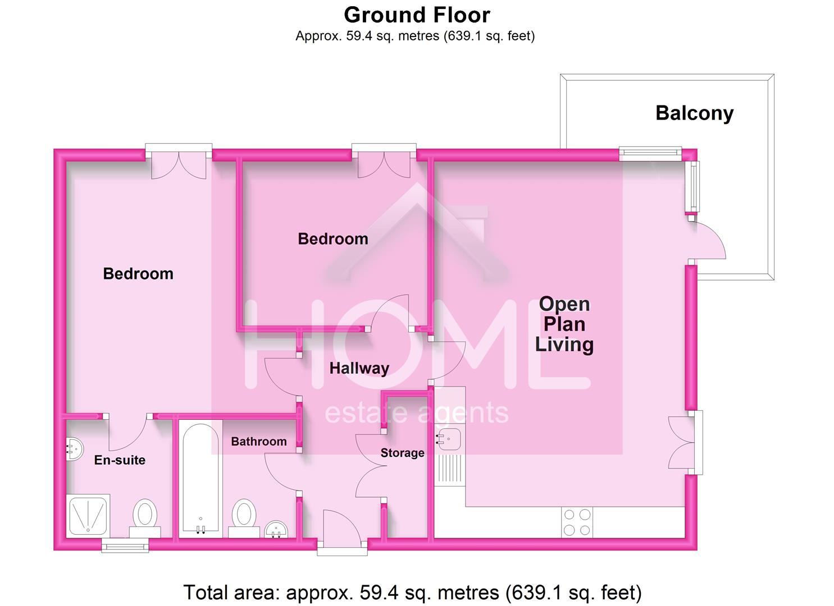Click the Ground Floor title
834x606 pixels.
(x=417, y=15)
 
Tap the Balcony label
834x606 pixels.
(x=694, y=113)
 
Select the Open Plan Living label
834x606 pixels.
(x=564, y=324)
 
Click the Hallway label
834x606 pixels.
(x=359, y=369)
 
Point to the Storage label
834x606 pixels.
(x=402, y=453)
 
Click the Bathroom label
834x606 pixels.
(x=258, y=442)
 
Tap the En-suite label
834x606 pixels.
(x=120, y=460)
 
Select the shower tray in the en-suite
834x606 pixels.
(x=88, y=515)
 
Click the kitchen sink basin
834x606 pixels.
(x=449, y=439)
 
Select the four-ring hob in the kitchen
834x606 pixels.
(x=577, y=522)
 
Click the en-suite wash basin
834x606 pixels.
(x=74, y=449)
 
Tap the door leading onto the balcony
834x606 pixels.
(x=708, y=240)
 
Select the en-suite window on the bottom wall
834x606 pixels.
(x=125, y=545)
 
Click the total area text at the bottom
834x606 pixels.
(x=412, y=593)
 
